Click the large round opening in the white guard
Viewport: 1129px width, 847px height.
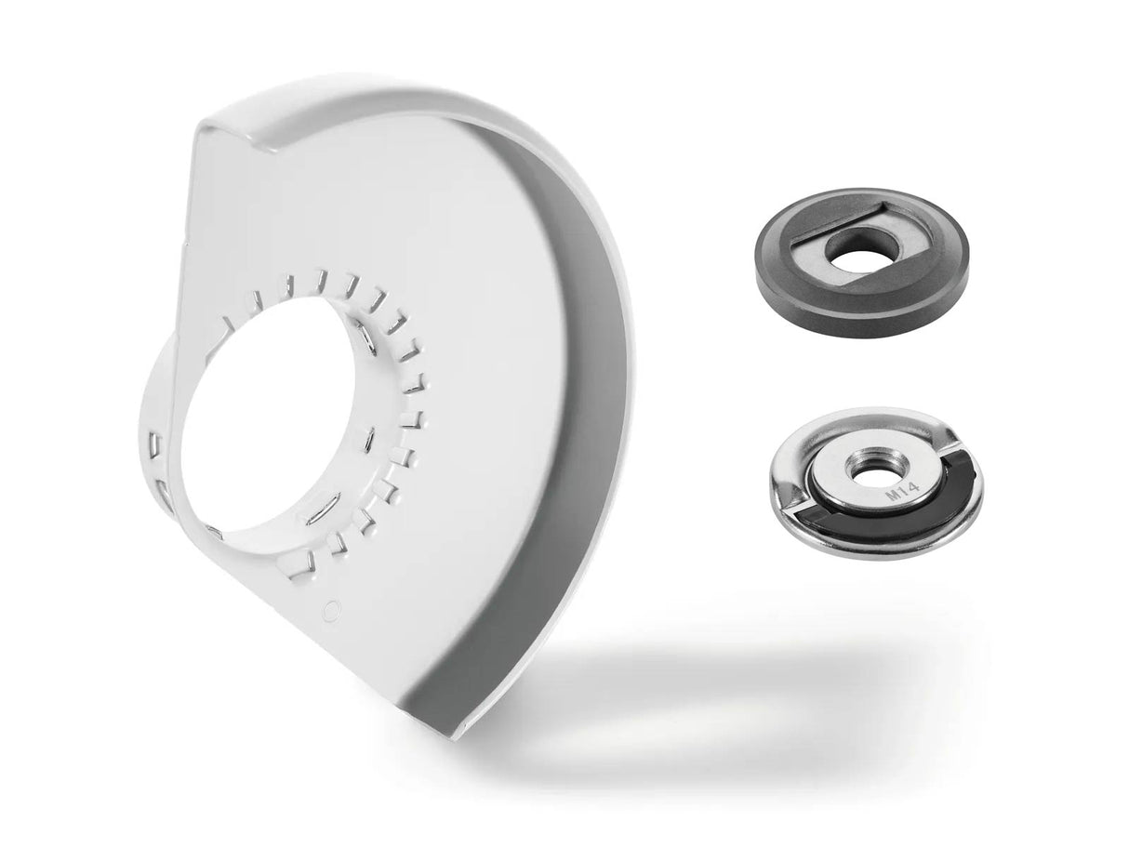tap(269, 417)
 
